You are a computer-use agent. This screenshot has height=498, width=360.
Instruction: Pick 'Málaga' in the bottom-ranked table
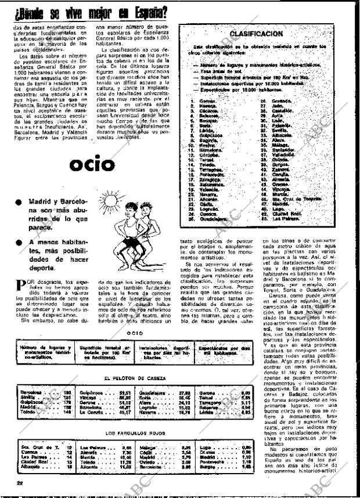point(146,448)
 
